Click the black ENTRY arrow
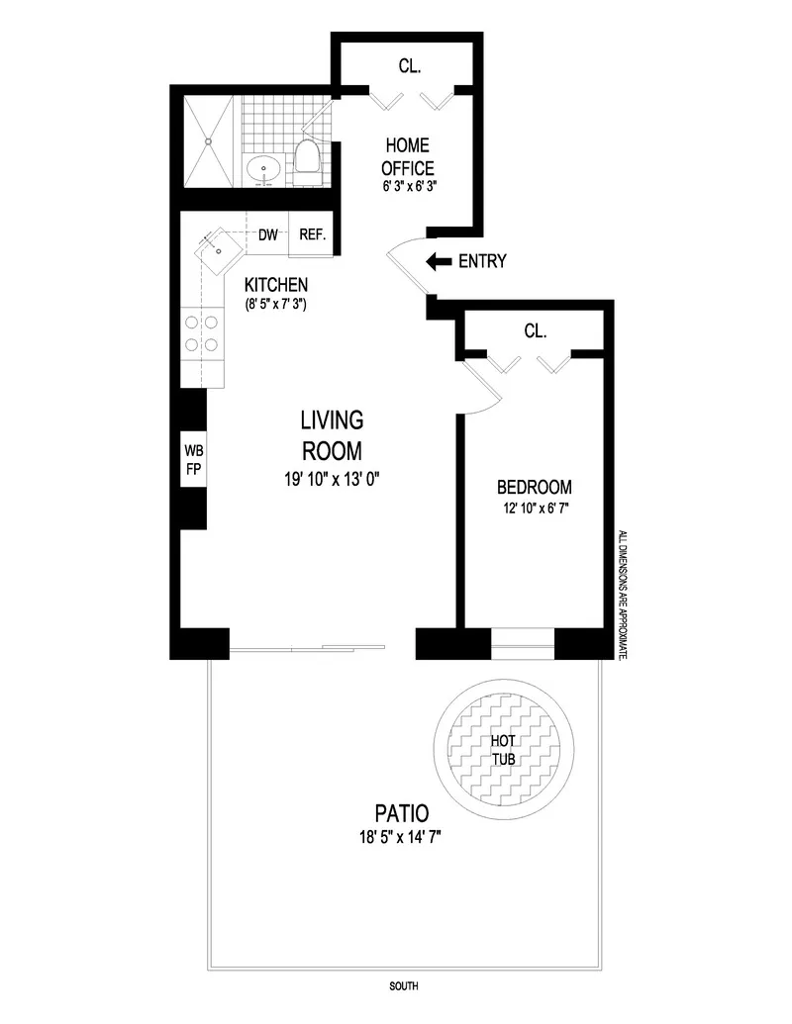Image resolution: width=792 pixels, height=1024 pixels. point(437,262)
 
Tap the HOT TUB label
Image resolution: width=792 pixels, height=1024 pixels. point(506,750)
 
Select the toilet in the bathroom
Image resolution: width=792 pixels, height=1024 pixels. point(306,161)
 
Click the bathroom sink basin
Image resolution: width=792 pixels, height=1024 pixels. point(264,169)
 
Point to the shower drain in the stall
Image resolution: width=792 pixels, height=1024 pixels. point(209,141)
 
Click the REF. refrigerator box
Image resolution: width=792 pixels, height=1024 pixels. point(312,235)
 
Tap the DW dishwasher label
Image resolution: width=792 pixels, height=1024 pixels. point(267,235)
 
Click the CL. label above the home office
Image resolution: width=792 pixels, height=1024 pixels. point(410,68)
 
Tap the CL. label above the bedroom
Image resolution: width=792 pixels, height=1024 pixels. point(535,331)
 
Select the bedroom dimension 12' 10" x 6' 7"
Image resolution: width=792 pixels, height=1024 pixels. point(535,510)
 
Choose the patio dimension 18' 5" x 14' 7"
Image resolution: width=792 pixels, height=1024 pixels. point(401,839)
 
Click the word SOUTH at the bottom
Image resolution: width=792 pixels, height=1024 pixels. point(403,986)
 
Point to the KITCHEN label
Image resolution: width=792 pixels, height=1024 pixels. point(277,285)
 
